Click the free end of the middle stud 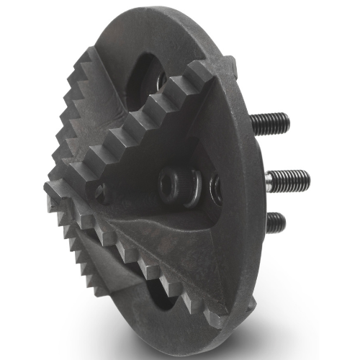[x=306, y=175]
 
